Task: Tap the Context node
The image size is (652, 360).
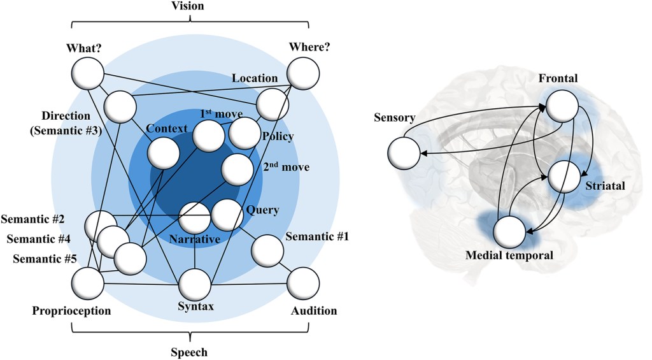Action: coord(163,153)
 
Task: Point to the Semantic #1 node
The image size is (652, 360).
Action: coord(268,250)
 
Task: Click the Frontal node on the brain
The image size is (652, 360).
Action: coord(562,105)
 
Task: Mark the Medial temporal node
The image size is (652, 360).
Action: coord(510,231)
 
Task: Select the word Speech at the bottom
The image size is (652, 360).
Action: coord(190,352)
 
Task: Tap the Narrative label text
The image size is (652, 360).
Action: coord(195,239)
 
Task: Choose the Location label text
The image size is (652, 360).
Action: coord(255,78)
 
